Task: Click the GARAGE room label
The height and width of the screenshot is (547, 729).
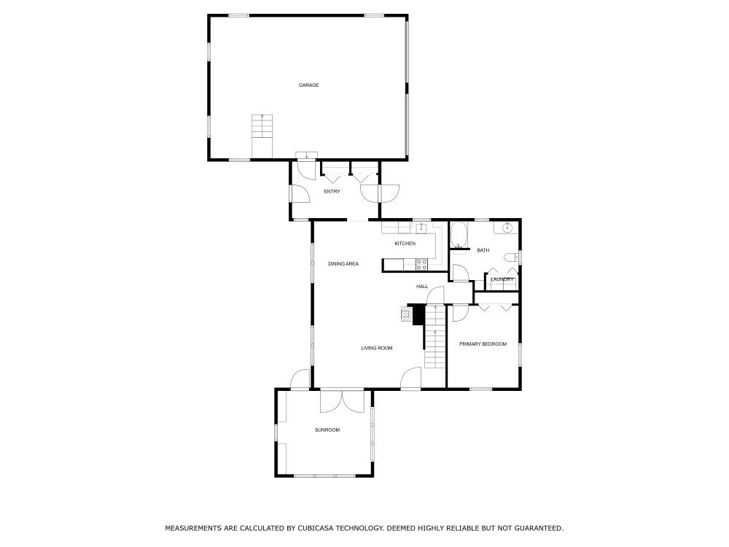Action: pyautogui.click(x=308, y=85)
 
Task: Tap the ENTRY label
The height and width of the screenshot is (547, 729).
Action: pyautogui.click(x=332, y=192)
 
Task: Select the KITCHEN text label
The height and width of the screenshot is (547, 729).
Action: pyautogui.click(x=405, y=244)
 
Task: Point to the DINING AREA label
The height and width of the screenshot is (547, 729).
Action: pyautogui.click(x=343, y=264)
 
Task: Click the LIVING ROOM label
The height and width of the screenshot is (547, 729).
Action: pyautogui.click(x=377, y=348)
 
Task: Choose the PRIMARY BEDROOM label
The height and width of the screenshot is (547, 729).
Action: pyautogui.click(x=483, y=344)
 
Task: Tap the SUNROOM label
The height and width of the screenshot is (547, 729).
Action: pyautogui.click(x=327, y=430)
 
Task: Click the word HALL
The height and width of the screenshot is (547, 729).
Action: pyautogui.click(x=422, y=287)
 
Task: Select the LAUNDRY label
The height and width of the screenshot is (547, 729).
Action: pyautogui.click(x=502, y=279)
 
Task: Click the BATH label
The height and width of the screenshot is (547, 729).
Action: pyautogui.click(x=483, y=251)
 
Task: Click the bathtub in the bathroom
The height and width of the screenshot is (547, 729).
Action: pyautogui.click(x=459, y=236)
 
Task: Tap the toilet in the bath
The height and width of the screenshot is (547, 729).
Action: pyautogui.click(x=511, y=257)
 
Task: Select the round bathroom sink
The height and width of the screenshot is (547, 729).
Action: pyautogui.click(x=508, y=228)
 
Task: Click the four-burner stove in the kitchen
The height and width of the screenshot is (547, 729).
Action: pyautogui.click(x=421, y=264)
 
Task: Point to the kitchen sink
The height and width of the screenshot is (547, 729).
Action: pyautogui.click(x=421, y=228)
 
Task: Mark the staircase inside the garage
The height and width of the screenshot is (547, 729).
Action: pyautogui.click(x=262, y=136)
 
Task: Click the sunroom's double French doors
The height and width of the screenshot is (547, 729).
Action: pyautogui.click(x=342, y=401)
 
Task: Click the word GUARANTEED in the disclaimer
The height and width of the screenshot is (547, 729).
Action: pyautogui.click(x=539, y=528)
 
